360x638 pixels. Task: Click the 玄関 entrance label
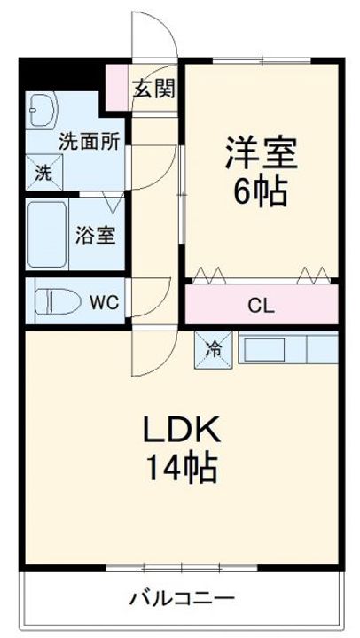tap(153, 88)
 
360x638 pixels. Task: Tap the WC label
tap(104, 302)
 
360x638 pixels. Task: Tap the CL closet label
tap(261, 307)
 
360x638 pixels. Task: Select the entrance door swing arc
tap(153, 35)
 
